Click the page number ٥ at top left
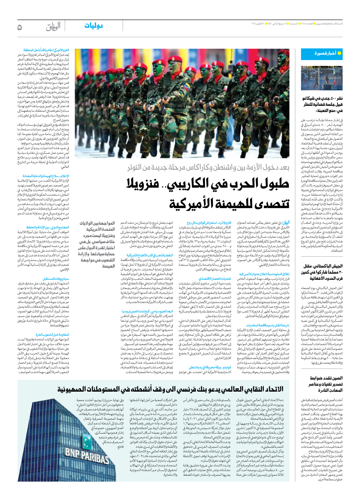(20, 27)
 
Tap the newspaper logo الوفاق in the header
(53, 26)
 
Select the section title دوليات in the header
(93, 26)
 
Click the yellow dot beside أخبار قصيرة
(339, 53)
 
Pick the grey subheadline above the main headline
(209, 167)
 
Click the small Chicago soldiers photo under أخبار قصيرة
(322, 78)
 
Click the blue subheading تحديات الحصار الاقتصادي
(215, 279)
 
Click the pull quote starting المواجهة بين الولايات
(96, 245)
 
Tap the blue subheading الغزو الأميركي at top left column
(46, 50)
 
